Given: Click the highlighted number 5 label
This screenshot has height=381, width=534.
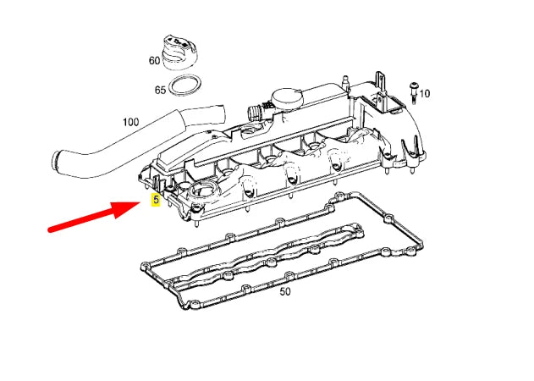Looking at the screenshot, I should click(155, 201).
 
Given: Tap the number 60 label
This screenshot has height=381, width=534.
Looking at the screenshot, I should click(154, 61).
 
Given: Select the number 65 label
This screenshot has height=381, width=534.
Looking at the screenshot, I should click(160, 88).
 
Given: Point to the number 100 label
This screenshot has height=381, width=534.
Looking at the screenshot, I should click(129, 122).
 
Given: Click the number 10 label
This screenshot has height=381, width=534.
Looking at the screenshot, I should click(425, 93).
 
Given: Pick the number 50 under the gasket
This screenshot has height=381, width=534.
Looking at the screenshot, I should click(284, 291).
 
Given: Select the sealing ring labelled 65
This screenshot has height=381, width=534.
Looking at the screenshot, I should click(184, 86).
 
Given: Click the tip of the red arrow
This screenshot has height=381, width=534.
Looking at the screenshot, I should click(136, 204).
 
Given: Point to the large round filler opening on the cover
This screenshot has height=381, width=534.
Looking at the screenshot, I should click(203, 192).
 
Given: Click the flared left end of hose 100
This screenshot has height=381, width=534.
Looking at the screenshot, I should click(60, 159).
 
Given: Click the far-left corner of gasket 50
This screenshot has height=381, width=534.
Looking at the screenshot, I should click(141, 267).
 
